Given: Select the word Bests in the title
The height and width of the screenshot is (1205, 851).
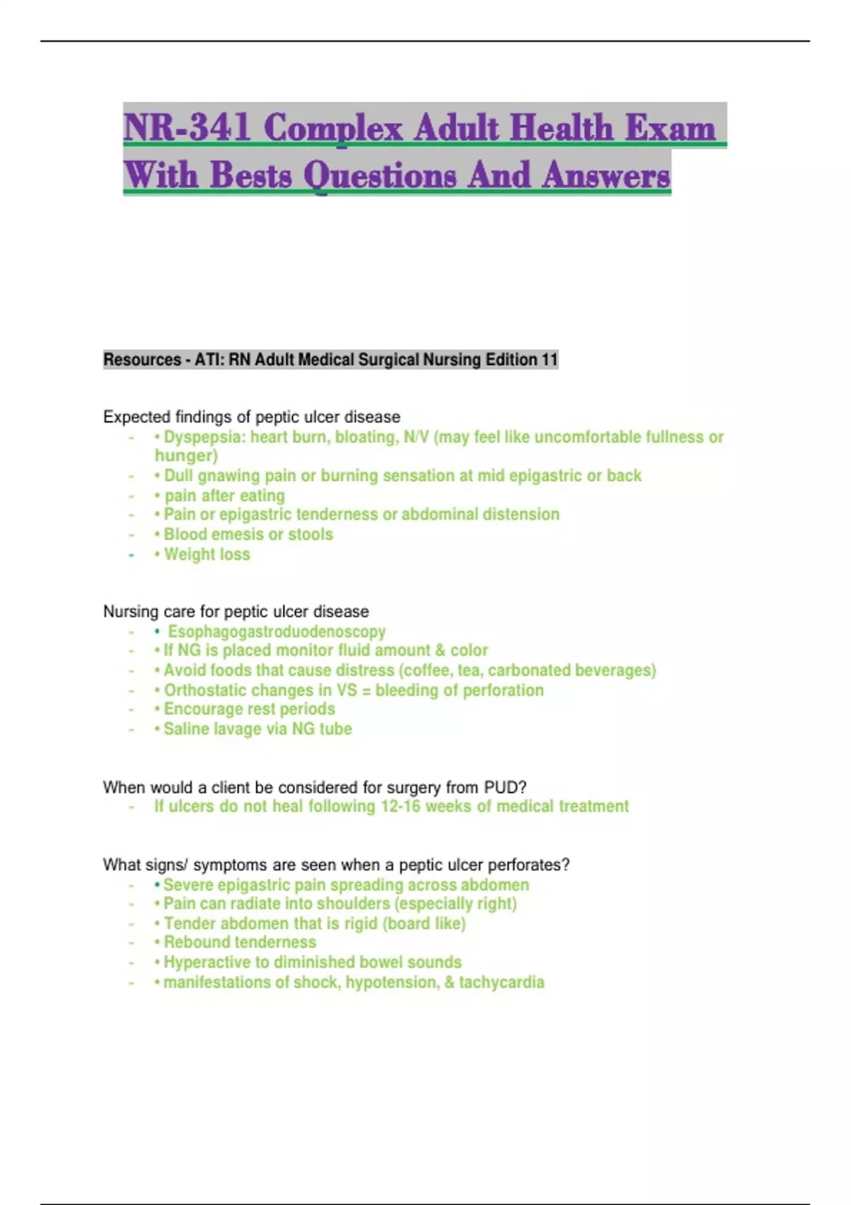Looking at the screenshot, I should pos(251,175).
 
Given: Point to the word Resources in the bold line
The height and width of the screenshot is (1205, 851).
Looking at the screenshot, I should pos(142,360).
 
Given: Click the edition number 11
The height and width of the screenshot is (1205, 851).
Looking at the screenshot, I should pos(550,360).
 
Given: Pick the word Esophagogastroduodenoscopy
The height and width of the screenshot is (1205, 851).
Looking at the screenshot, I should pos(277,632).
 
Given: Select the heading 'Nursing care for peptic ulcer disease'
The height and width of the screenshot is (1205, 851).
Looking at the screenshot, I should pos(236,612).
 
